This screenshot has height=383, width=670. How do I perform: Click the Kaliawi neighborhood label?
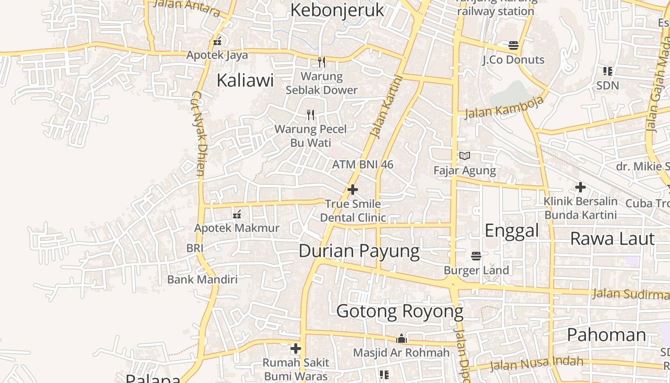point(245,80)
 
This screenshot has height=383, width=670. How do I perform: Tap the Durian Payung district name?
point(359,251)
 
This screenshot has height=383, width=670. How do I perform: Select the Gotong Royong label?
point(400,311)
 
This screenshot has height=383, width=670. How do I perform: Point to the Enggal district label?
point(512,230)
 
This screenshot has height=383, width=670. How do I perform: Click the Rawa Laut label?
point(612,238)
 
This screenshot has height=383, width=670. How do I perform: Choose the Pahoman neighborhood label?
point(606,335)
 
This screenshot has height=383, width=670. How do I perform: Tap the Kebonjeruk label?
point(337,10)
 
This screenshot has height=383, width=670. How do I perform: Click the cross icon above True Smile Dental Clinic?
point(353,190)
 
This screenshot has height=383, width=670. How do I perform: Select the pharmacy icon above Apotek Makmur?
point(236,214)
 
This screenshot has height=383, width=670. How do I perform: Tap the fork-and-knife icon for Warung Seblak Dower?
point(322,62)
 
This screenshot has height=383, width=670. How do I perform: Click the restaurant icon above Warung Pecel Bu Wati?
point(311,115)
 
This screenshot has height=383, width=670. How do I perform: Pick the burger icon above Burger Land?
point(476,256)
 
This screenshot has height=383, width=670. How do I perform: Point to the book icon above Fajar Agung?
point(465,156)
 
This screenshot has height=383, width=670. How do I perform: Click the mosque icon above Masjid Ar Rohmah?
point(401,339)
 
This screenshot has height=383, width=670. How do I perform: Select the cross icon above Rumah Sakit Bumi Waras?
point(296,349)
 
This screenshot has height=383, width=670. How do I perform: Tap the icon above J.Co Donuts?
point(514,45)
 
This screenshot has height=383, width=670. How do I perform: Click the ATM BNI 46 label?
point(363,165)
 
